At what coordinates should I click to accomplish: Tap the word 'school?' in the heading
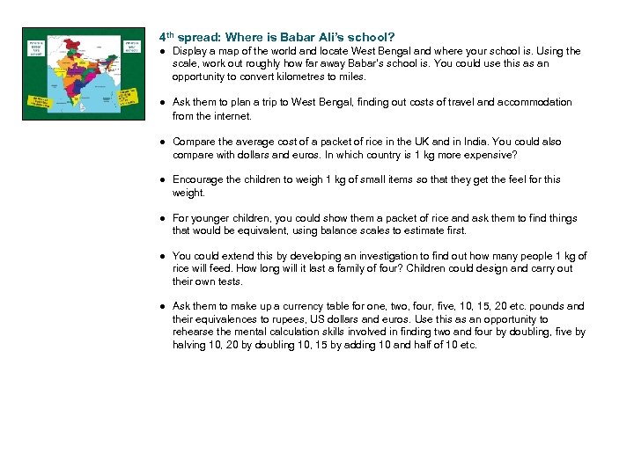tap(372, 38)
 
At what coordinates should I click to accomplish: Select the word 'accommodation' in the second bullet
tap(534, 103)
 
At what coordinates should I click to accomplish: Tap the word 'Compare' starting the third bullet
tap(194, 142)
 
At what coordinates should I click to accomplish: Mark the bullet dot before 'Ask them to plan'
tap(163, 103)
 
